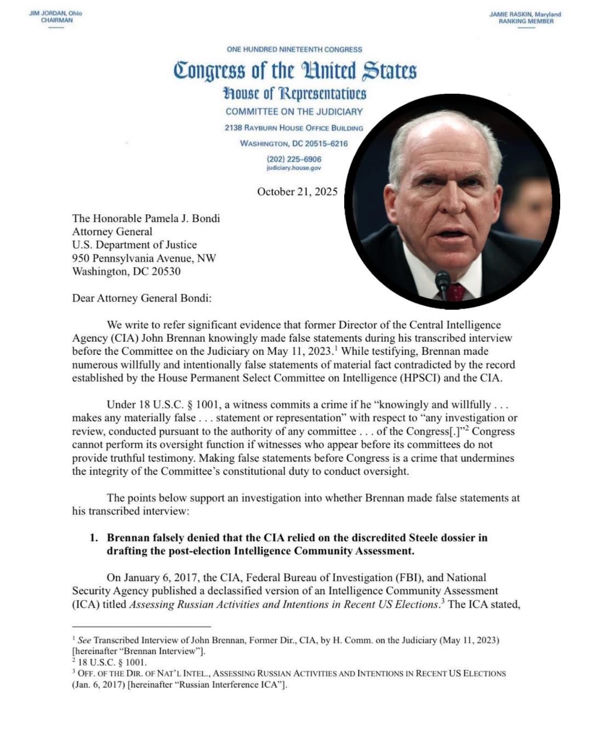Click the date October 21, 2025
point(297,192)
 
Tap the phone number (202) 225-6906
point(294,159)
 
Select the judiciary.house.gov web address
point(294,168)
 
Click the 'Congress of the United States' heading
point(295,71)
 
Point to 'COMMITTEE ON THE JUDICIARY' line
point(294,111)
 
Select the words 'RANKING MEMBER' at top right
point(526,21)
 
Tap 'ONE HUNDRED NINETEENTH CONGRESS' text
point(294,49)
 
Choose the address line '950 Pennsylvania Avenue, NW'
point(144,258)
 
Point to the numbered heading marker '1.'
point(94,538)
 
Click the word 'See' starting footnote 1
point(84,640)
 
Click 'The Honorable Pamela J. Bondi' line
point(146,218)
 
